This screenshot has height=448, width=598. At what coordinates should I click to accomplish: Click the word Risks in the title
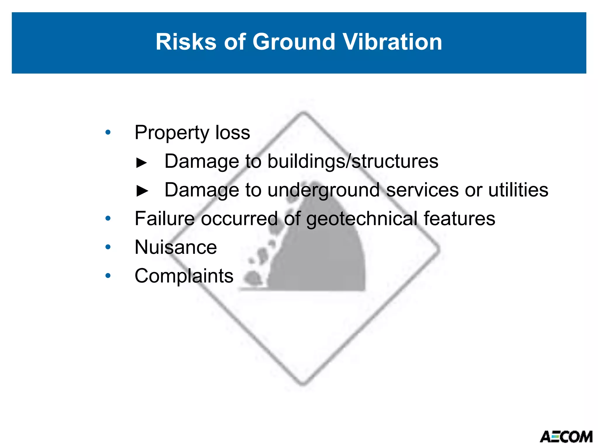(x=186, y=42)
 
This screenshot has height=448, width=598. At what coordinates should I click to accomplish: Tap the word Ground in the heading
(x=293, y=42)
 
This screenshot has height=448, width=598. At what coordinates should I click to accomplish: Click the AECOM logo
(x=566, y=437)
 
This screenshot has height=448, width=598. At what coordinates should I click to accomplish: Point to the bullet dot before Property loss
(x=108, y=132)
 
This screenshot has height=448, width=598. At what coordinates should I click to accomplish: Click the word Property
(x=172, y=133)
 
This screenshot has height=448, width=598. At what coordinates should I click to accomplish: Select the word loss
(x=232, y=132)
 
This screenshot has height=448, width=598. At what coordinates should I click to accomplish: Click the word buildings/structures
(x=353, y=161)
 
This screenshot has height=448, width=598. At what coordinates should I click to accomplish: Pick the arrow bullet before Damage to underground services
(x=142, y=191)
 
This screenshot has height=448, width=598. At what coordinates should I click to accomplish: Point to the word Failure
(x=164, y=218)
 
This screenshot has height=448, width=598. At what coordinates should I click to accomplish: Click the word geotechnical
(x=362, y=219)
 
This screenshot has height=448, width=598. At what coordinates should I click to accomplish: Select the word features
(x=459, y=218)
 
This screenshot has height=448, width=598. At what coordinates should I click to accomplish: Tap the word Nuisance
(x=176, y=247)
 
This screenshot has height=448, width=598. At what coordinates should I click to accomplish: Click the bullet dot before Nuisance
(x=108, y=247)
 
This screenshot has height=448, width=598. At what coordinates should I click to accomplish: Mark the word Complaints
(x=184, y=276)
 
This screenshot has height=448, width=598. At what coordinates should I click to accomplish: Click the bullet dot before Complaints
(x=108, y=276)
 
